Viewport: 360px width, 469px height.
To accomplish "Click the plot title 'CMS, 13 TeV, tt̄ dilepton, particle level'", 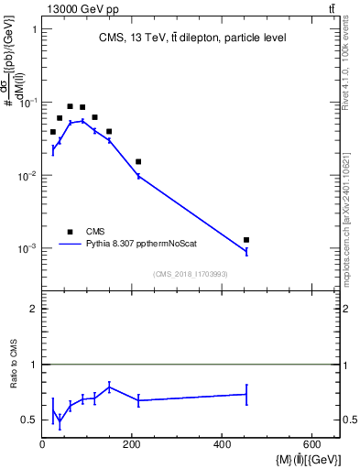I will [192, 38].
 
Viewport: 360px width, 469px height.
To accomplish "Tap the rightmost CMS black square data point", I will [246, 240].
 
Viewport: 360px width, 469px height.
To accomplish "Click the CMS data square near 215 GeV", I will [138, 161].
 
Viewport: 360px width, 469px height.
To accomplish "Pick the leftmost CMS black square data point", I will [53, 132].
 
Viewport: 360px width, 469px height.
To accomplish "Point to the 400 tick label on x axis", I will [223, 444].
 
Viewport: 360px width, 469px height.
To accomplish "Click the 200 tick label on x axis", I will [133, 444].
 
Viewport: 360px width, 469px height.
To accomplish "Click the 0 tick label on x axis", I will [43, 444].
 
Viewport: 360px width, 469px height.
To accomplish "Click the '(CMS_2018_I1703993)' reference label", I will [191, 274].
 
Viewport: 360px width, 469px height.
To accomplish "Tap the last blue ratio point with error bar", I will [246, 394].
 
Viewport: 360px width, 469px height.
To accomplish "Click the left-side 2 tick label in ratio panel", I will [32, 309].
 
